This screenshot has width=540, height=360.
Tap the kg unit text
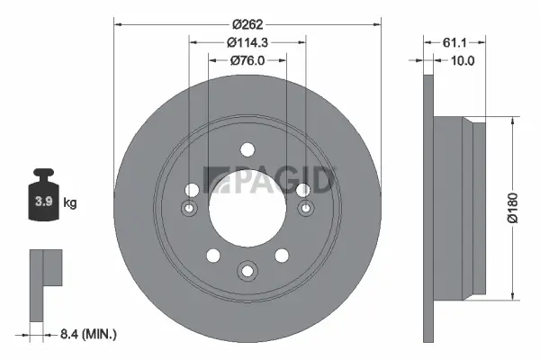[x=70, y=203]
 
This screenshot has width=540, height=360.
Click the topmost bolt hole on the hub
[x=247, y=150]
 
